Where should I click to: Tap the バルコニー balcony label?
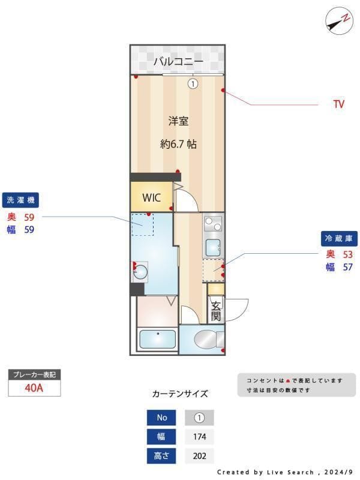pyautogui.click(x=178, y=61)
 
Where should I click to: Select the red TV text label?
pyautogui.click(x=339, y=104)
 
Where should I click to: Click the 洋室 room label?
pyautogui.click(x=178, y=121)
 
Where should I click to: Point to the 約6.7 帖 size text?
pyautogui.click(x=178, y=144)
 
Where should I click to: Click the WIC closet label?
pyautogui.click(x=151, y=197)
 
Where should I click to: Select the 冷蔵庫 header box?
pyautogui.click(x=338, y=238)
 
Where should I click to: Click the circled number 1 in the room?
pyautogui.click(x=193, y=84)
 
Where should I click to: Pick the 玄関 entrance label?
pyautogui.click(x=215, y=310)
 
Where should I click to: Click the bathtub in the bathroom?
pyautogui.click(x=157, y=340)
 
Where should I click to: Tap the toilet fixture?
pyautogui.click(x=206, y=340)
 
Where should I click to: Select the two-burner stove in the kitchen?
pyautogui.click(x=213, y=224)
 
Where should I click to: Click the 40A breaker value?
pyautogui.click(x=34, y=388)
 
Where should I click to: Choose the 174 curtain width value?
pyautogui.click(x=199, y=436)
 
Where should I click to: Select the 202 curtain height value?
pyautogui.click(x=199, y=456)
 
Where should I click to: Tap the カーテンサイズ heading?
pyautogui.click(x=180, y=394)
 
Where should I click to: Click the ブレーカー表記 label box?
pyautogui.click(x=34, y=374)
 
